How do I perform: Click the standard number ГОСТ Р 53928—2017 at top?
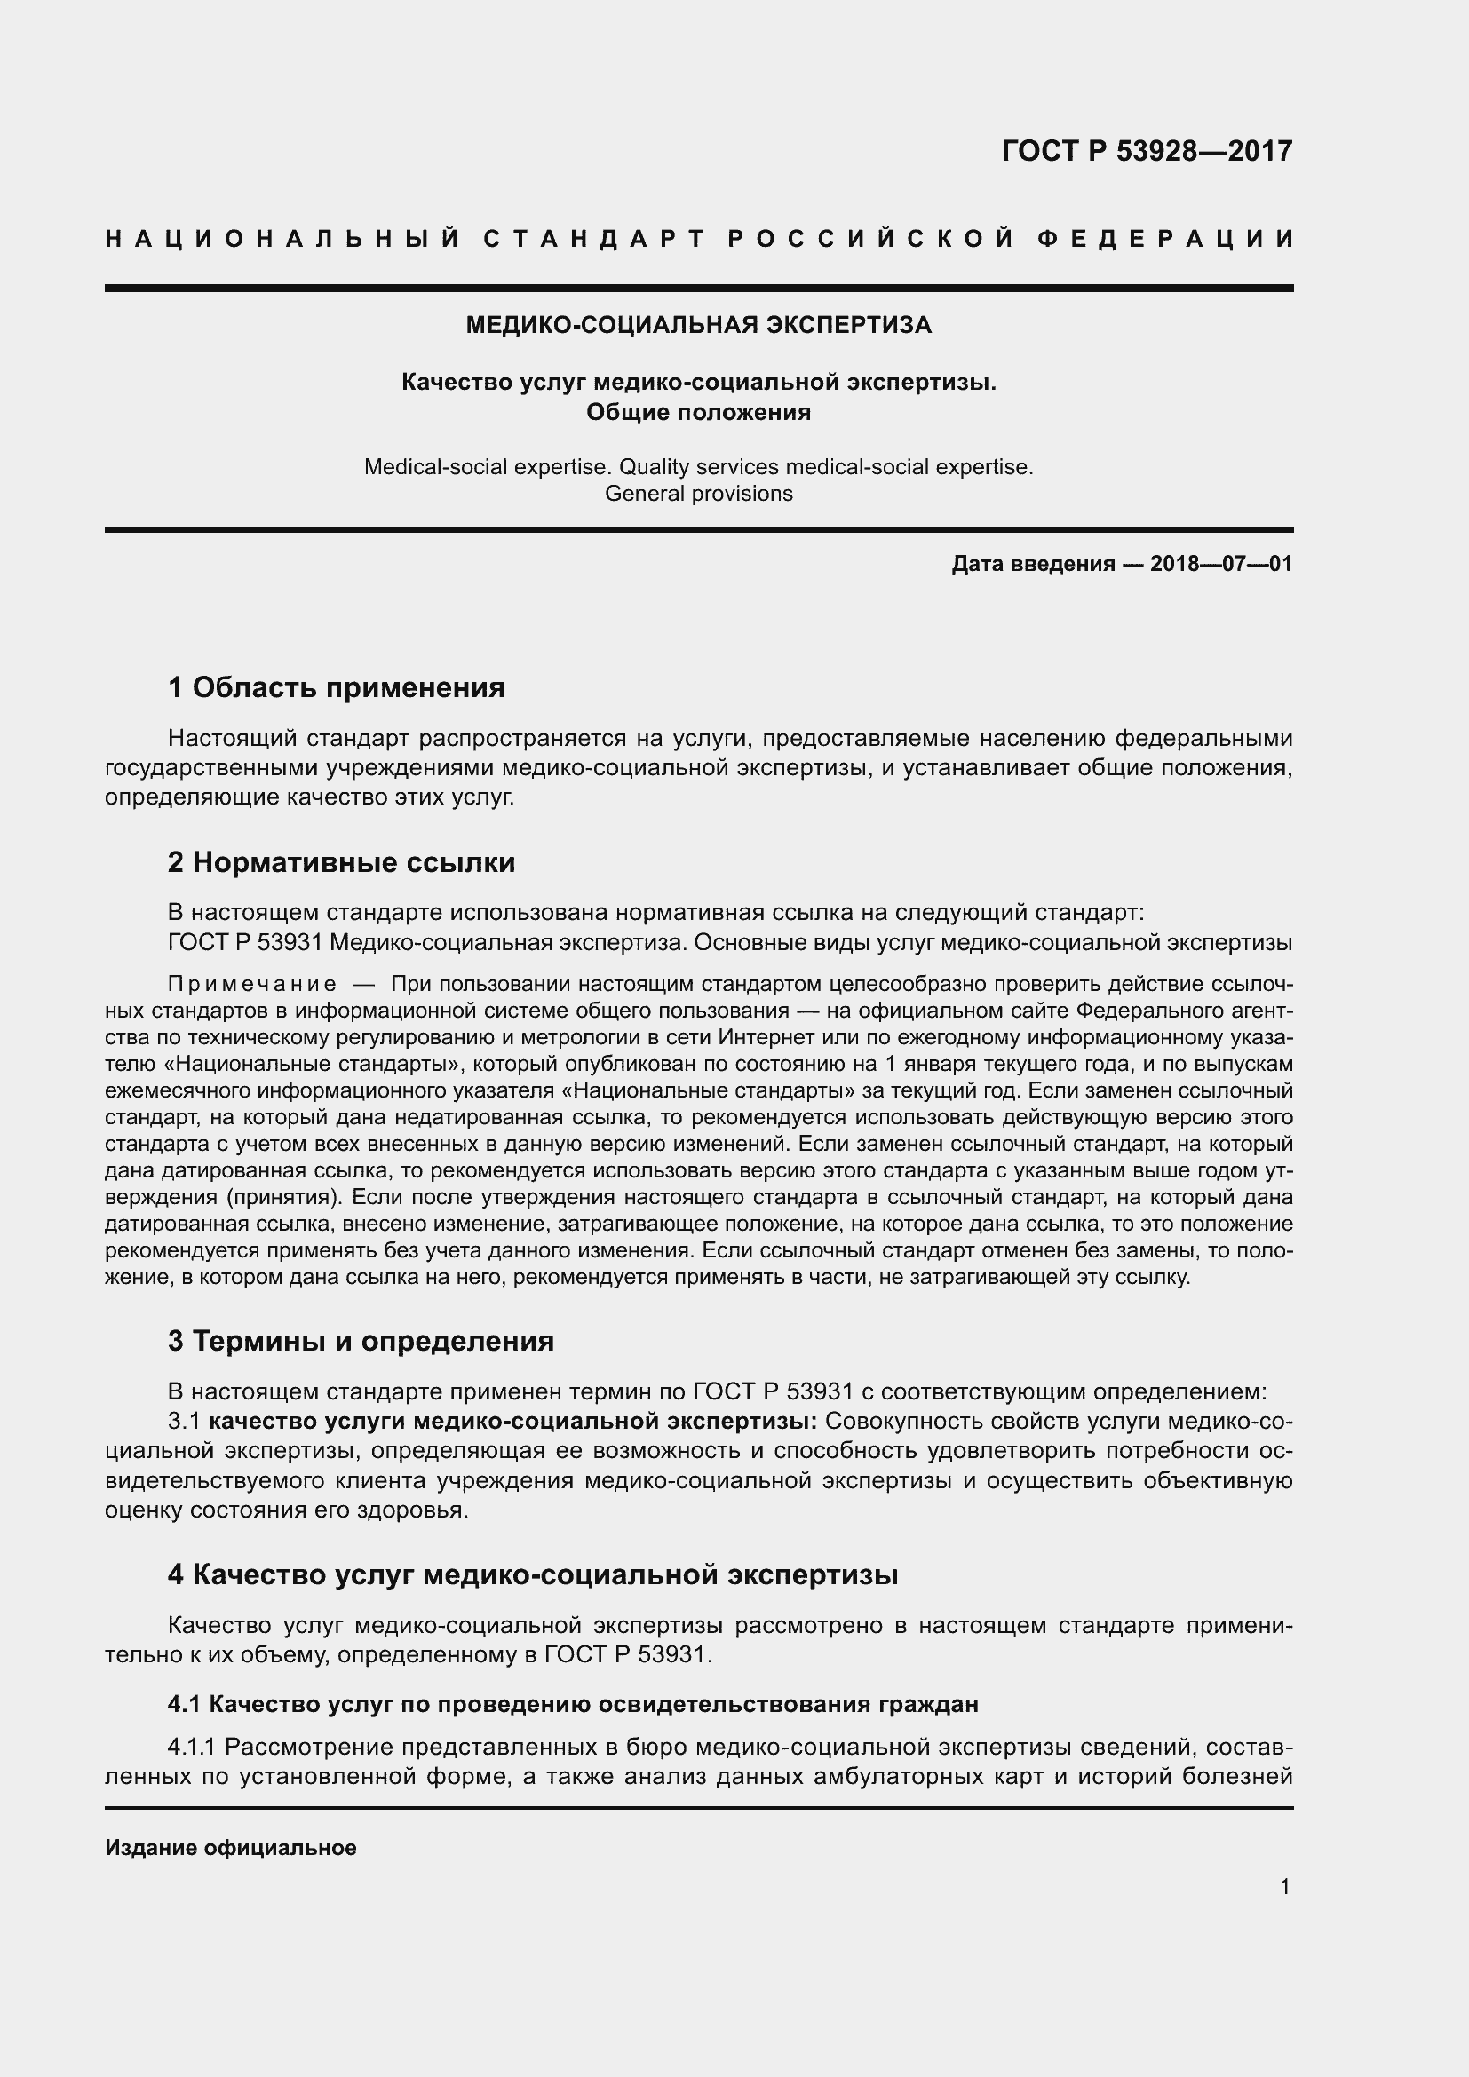pos(1147,150)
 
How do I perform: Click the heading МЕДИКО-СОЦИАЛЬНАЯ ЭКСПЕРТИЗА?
pos(698,325)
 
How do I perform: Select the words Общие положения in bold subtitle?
pos(698,413)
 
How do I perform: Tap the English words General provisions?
pos(698,494)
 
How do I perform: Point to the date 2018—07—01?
pos(1221,565)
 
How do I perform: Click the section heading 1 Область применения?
pos(337,687)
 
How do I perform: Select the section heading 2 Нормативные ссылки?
pos(341,862)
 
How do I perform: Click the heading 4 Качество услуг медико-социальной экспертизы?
pos(533,1574)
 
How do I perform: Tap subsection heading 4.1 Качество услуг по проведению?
pos(573,1704)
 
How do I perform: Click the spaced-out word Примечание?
pos(252,984)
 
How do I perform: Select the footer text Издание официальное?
pos(231,1847)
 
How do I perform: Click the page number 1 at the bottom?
pos(1284,1886)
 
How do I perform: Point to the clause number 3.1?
pos(185,1421)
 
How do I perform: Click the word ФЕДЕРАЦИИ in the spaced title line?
pos(1165,239)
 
